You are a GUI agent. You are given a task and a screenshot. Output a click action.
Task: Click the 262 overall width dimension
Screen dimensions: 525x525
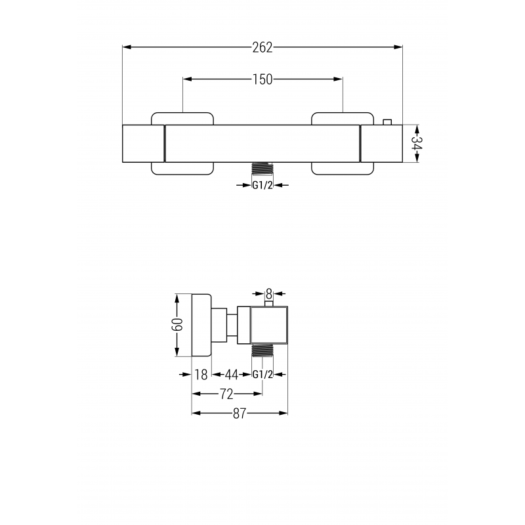point(262,47)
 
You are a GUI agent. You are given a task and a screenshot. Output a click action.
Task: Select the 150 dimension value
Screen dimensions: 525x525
point(262,79)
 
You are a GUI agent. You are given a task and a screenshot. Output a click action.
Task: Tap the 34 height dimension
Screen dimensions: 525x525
point(415,142)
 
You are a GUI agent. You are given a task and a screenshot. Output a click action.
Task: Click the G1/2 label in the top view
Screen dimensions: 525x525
point(262,185)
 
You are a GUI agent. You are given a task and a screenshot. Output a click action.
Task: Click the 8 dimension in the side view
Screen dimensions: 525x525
point(268,293)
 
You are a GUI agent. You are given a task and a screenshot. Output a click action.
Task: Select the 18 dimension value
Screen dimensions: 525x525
point(201,375)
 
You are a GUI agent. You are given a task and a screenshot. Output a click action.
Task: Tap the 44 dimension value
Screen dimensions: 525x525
point(231,375)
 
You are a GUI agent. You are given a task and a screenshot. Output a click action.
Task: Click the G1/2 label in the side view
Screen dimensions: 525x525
point(262,375)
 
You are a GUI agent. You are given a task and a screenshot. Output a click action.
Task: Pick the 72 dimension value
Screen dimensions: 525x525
point(226,394)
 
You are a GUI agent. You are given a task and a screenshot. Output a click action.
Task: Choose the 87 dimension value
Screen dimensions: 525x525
point(239,413)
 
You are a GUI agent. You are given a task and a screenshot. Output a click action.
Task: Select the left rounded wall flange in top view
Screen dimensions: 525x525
point(182,142)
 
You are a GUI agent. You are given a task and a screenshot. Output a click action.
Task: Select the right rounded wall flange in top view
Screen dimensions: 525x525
point(343,142)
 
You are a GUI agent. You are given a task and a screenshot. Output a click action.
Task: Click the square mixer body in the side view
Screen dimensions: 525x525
point(269,325)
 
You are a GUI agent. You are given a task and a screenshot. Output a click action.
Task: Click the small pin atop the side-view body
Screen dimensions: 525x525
point(268,303)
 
